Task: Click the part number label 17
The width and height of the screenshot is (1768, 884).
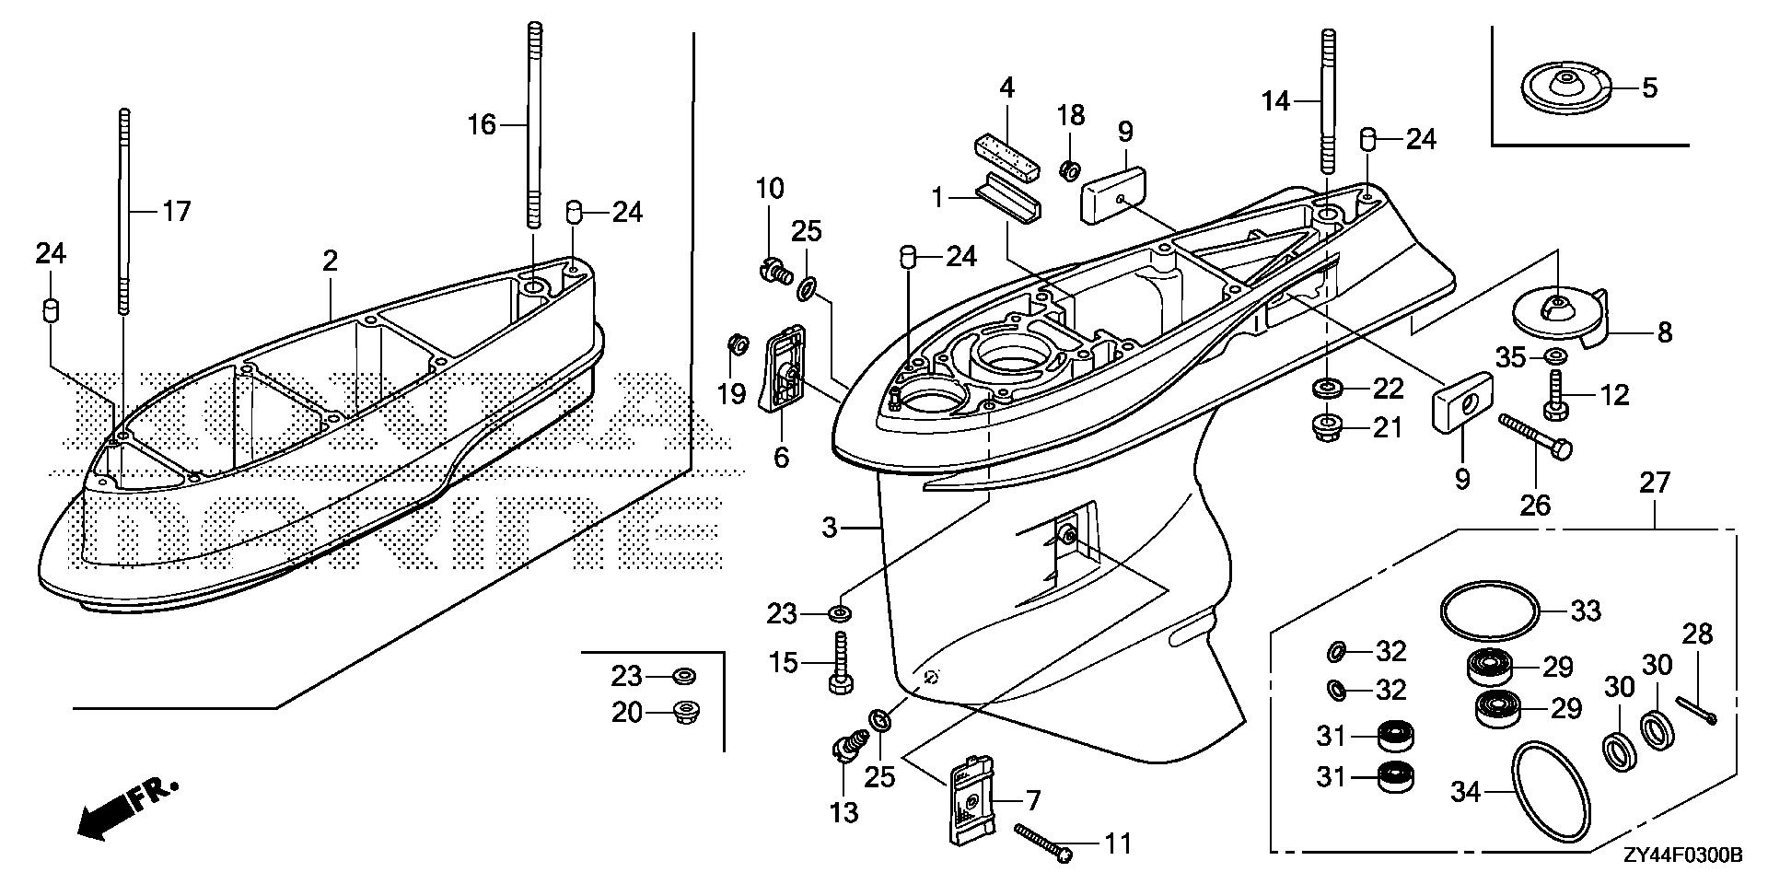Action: click(x=176, y=212)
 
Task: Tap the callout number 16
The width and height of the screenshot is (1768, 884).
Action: click(x=482, y=124)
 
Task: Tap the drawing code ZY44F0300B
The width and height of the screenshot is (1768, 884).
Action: click(x=1681, y=856)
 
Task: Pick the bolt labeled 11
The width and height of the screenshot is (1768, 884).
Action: click(x=1045, y=843)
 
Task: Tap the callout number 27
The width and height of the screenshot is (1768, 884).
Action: click(x=1655, y=483)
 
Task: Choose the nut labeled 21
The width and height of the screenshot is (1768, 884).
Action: click(x=1324, y=428)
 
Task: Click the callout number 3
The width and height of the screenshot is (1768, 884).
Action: click(x=829, y=528)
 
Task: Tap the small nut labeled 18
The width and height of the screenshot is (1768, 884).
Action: click(x=1070, y=169)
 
